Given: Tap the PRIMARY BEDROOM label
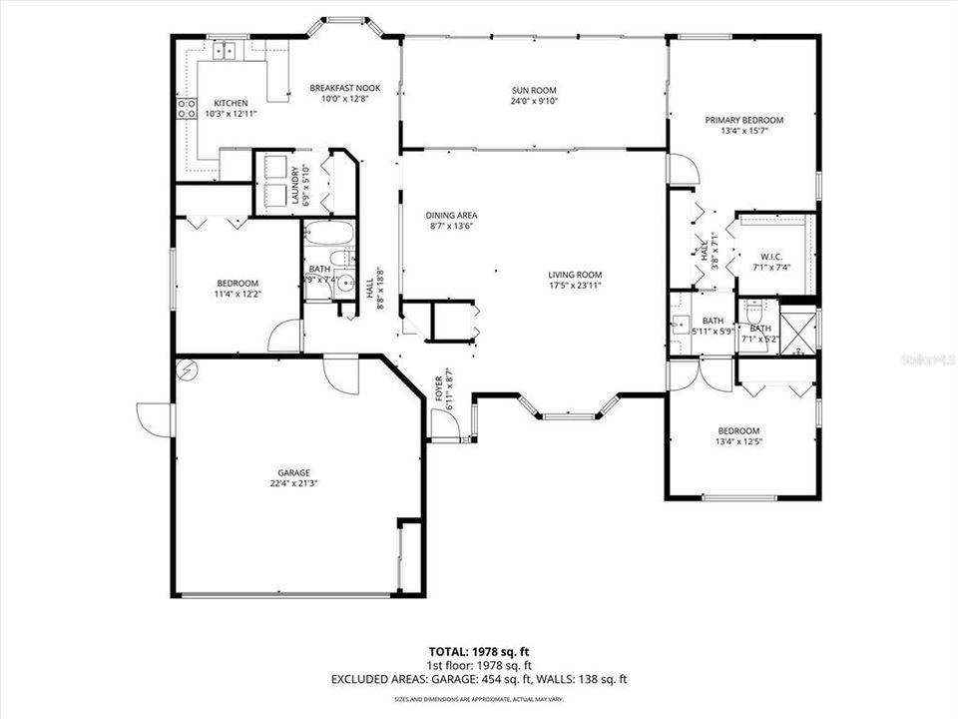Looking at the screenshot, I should click(743, 120).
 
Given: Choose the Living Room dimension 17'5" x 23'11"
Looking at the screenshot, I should click(574, 286).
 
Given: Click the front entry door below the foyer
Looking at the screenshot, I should click(446, 426).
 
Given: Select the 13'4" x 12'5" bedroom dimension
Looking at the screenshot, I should click(739, 441).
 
